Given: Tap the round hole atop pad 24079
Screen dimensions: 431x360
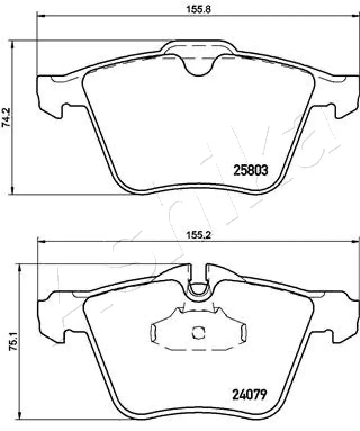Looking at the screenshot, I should [x=197, y=289].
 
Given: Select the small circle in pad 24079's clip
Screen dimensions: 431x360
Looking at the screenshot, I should [x=197, y=333].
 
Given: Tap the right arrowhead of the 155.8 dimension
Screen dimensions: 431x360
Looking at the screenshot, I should [x=355, y=16].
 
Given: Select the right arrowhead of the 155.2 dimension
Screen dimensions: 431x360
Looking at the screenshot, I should [x=355, y=242].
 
